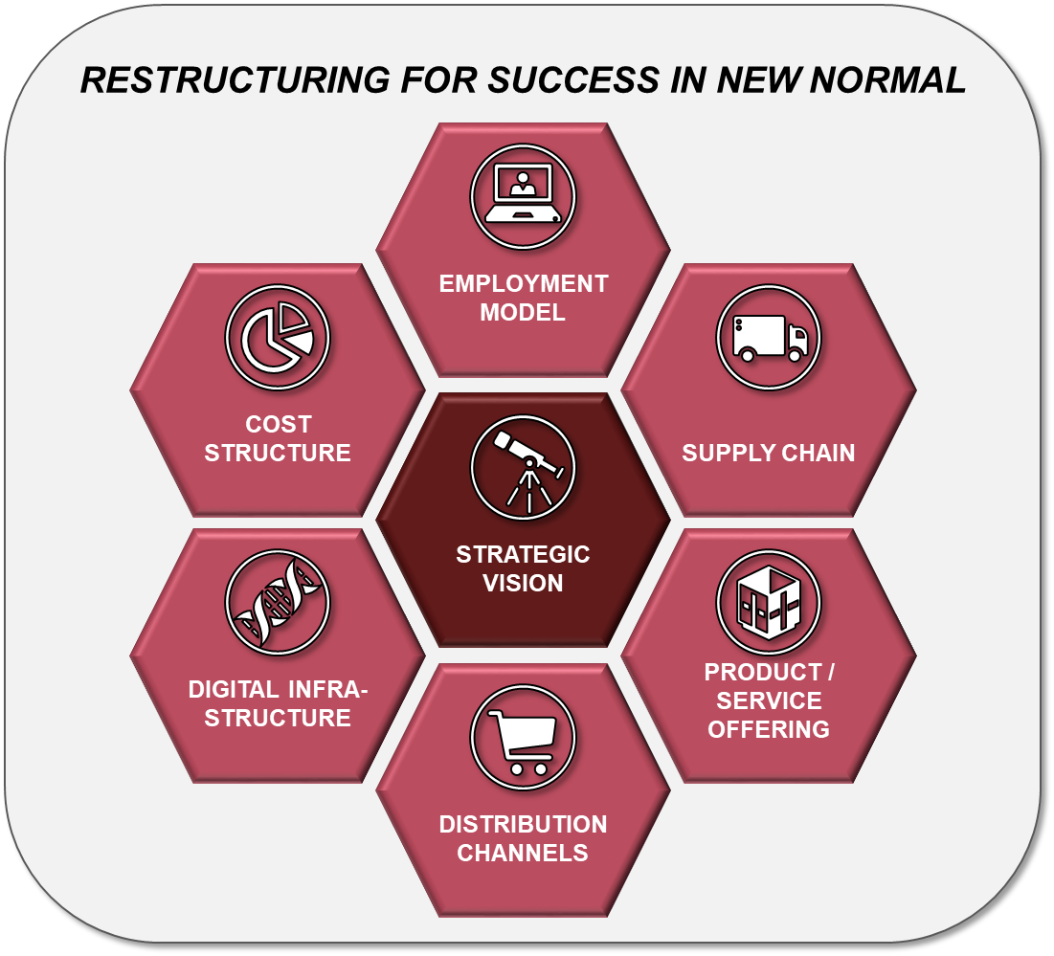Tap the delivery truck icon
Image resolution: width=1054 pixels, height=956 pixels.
[769, 337]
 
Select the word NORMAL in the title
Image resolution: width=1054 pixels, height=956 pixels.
[888, 80]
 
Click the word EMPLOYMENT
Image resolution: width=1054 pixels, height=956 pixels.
[524, 283]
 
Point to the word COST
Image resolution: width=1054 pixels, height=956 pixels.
[279, 425]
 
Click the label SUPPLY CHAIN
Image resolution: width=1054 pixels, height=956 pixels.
[769, 453]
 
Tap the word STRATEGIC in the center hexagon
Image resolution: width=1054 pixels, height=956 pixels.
[523, 554]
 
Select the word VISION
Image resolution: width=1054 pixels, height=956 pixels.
[523, 583]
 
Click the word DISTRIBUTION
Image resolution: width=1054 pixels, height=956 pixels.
[523, 824]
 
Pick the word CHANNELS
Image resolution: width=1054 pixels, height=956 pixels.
[523, 854]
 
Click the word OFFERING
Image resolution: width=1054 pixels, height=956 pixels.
[769, 729]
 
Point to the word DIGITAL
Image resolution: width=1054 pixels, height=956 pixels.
[234, 689]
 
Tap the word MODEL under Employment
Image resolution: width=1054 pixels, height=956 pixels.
[523, 312]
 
